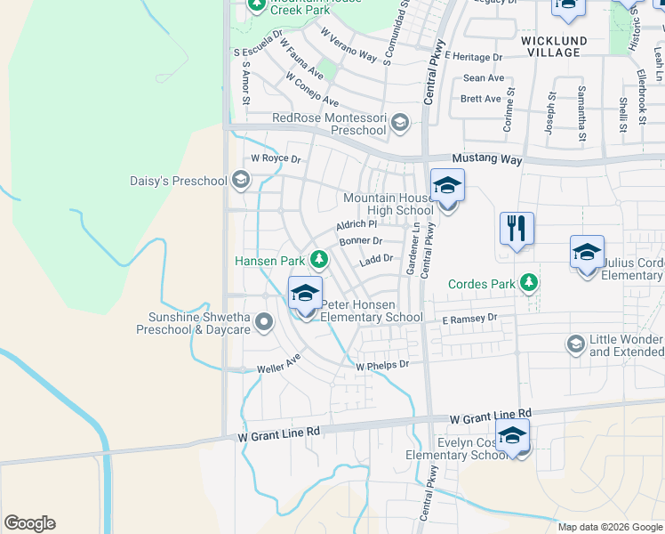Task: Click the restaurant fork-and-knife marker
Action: tap(517, 228)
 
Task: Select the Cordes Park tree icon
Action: tap(529, 283)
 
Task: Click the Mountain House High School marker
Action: tap(447, 187)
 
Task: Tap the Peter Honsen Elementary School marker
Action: tap(305, 294)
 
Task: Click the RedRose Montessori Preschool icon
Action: tap(400, 122)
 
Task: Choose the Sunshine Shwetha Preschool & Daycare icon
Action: tap(262, 322)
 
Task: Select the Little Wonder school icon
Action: tap(575, 343)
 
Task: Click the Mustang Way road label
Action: tap(485, 159)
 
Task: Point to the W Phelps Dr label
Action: tap(382, 365)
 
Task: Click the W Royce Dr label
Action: tap(276, 159)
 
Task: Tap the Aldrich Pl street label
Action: tap(357, 225)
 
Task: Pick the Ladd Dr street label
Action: tap(376, 259)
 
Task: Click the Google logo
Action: tap(29, 523)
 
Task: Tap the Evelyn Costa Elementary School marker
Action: tap(513, 436)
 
